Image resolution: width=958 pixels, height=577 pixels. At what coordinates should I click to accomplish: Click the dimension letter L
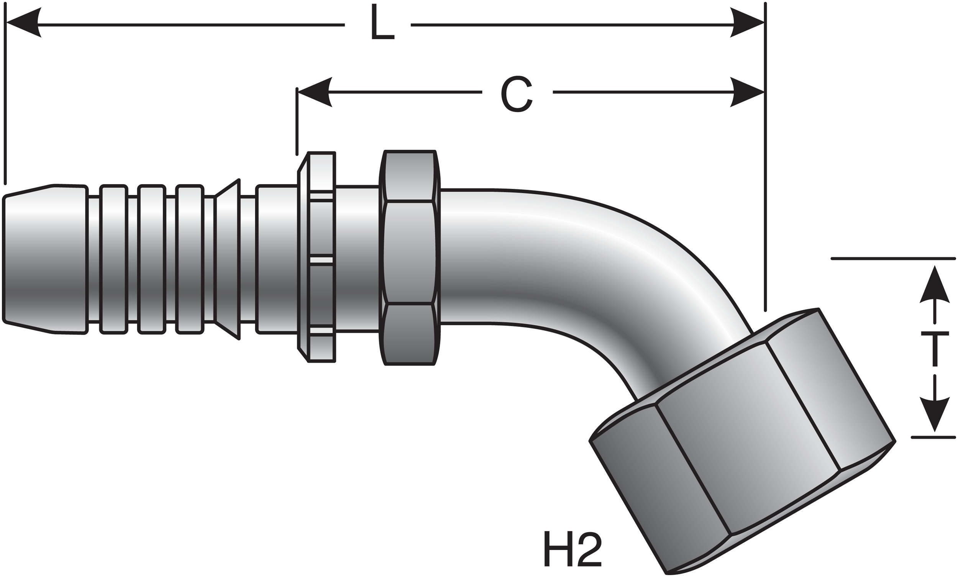(382, 23)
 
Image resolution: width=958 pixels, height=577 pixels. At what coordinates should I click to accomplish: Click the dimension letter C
(516, 94)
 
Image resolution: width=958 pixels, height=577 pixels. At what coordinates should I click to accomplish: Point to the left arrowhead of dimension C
(315, 92)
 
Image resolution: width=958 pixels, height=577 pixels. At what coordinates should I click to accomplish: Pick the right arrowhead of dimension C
(746, 92)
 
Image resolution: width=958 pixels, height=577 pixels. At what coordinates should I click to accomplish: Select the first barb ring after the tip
(113, 259)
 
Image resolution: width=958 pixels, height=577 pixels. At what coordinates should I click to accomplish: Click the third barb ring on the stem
(189, 259)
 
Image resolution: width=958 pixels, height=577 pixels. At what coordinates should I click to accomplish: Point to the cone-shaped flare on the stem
(228, 259)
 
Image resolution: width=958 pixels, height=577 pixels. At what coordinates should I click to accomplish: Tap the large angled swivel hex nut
(739, 439)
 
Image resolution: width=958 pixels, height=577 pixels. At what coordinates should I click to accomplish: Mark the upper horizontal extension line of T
(894, 259)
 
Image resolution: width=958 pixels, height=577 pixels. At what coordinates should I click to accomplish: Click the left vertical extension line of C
(297, 125)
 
